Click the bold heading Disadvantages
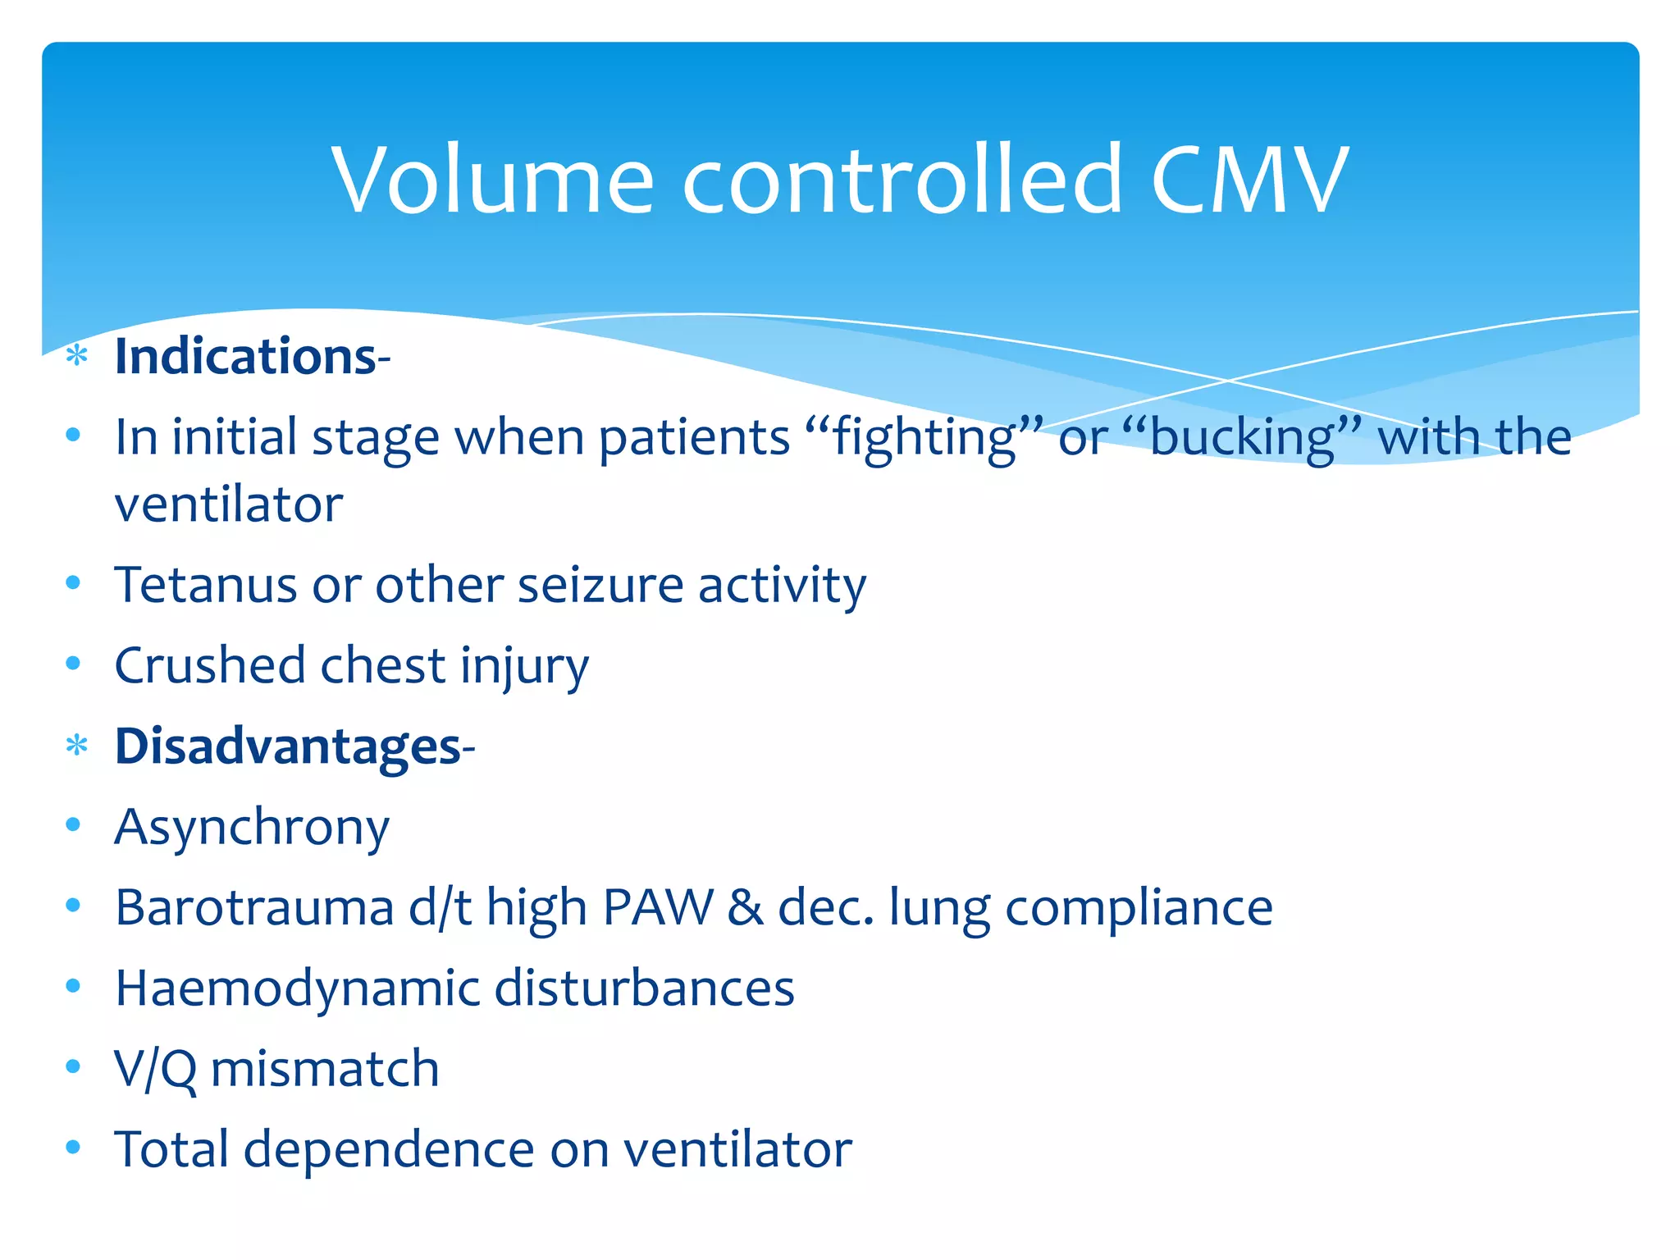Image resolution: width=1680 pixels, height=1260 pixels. tap(288, 746)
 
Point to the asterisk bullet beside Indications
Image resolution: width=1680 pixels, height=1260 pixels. tap(76, 356)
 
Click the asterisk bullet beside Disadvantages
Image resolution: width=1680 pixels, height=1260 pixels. tap(76, 746)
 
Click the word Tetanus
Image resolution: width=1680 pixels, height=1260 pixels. tap(205, 585)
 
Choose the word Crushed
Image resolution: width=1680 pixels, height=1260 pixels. tap(210, 664)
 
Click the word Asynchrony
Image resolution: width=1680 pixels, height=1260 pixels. tap(252, 827)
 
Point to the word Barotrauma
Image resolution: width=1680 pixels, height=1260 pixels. tap(254, 907)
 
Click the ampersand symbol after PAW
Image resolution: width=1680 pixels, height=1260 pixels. tap(745, 907)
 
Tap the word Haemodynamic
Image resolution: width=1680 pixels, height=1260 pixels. tap(296, 988)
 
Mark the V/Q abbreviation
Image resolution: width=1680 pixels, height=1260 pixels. tap(155, 1069)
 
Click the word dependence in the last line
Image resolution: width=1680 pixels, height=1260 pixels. tap(389, 1148)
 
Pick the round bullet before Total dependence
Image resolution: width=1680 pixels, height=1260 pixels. tap(73, 1146)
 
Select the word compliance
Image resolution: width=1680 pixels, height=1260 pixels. tap(1139, 907)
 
